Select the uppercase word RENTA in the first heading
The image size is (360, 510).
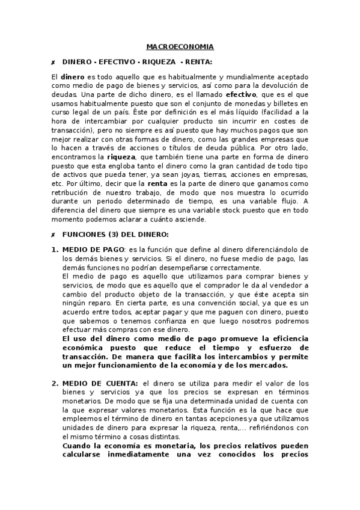[x=198, y=61]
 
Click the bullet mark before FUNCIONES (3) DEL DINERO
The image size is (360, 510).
[x=53, y=233]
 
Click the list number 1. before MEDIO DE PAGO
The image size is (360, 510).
[x=55, y=250]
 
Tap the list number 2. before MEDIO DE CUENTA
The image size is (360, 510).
[x=55, y=383]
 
